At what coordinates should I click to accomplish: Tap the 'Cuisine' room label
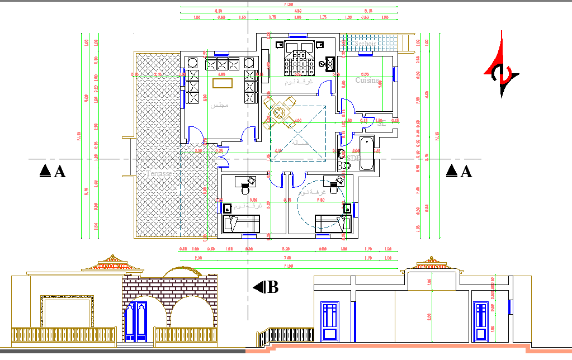click(367, 80)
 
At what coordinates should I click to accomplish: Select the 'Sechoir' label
click(366, 43)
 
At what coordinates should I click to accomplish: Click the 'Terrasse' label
click(159, 174)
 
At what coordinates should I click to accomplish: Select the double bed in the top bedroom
click(298, 58)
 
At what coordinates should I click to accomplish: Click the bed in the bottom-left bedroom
click(242, 224)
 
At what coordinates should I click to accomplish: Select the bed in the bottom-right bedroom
click(333, 224)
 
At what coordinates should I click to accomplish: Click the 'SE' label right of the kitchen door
click(382, 122)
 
